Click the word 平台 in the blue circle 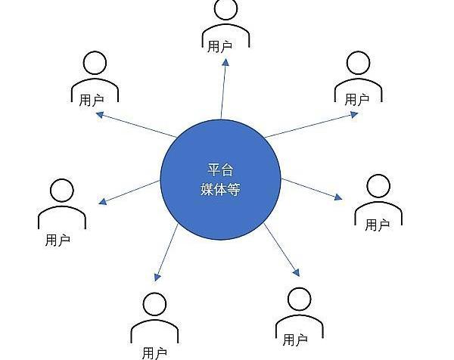pos(220,170)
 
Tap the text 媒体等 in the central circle pos(220,190)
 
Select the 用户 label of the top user pos(219,46)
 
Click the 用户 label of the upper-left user pos(92,100)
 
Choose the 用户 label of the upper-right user pos(356,100)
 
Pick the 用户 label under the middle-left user pos(58,241)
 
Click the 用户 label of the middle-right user pos(377,225)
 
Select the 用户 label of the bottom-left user pos(154,353)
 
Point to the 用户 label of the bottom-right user pos(295,340)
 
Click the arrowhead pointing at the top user pos(225,63)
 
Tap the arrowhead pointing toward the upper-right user pos(354,115)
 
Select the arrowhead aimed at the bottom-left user pos(157,278)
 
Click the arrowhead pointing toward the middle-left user pos(103,201)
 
